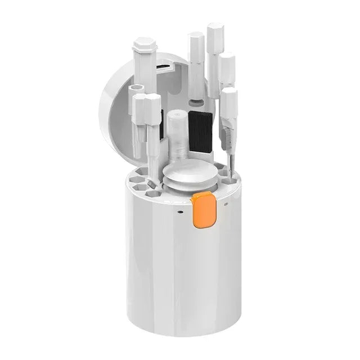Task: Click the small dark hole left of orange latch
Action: [x=180, y=213]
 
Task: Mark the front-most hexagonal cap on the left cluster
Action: [x=152, y=107]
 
